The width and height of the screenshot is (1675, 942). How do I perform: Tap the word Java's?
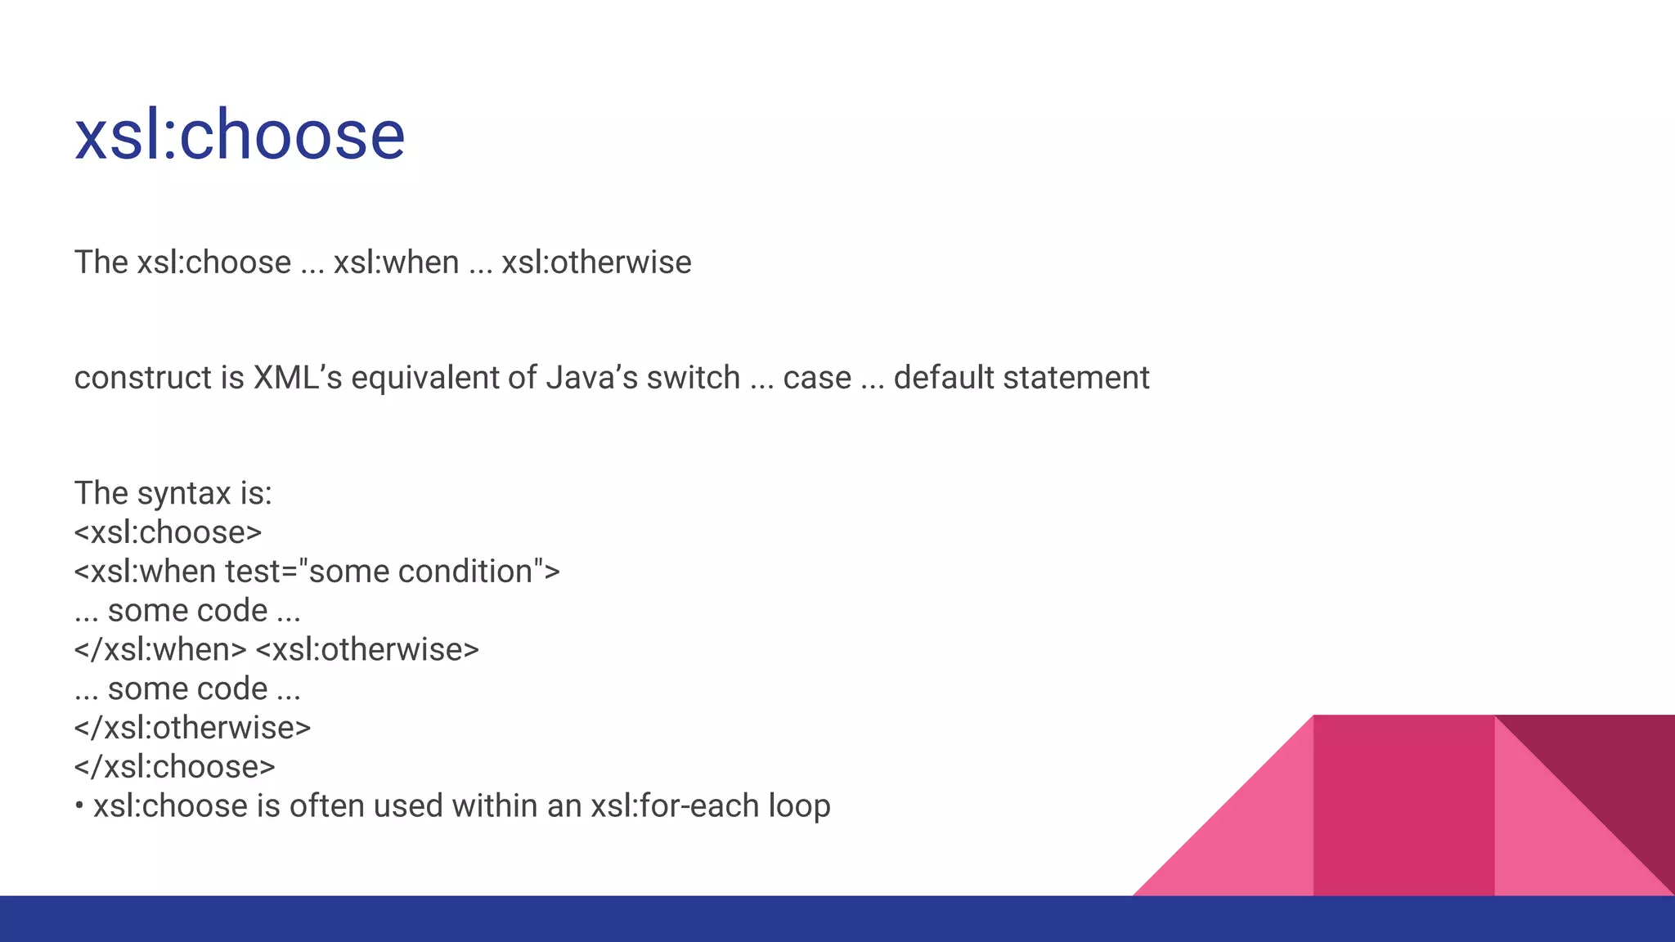(x=591, y=378)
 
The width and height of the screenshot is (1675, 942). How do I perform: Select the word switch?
(x=693, y=378)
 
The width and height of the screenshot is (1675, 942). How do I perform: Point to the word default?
(x=944, y=378)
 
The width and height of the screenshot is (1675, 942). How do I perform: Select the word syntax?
(x=184, y=494)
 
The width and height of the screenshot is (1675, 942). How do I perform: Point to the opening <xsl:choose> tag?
(x=168, y=533)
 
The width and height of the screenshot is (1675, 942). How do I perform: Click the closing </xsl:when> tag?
(x=160, y=650)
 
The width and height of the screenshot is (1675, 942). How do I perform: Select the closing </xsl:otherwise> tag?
(x=192, y=728)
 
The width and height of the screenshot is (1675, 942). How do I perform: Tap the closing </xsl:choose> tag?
(x=174, y=767)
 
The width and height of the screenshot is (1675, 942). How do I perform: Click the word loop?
(x=799, y=806)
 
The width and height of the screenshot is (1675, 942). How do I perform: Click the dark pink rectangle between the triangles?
(x=1403, y=805)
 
